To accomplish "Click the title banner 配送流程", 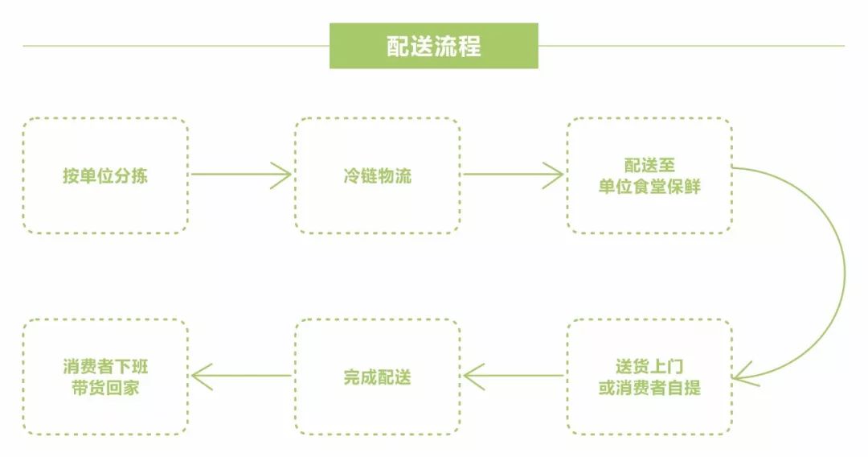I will (433, 46).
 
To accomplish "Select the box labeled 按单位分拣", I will (105, 175).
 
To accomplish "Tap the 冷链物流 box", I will (377, 175).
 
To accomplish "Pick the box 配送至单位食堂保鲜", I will (649, 175).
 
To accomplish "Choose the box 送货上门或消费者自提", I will (649, 377).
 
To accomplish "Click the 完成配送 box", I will (377, 377).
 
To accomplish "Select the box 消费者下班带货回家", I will (105, 377).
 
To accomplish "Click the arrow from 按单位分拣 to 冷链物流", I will (241, 175).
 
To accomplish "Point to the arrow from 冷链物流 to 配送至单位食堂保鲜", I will (513, 175).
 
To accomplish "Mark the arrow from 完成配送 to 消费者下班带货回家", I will (241, 375).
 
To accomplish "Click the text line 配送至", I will (649, 165).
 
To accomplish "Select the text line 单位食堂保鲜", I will (649, 186).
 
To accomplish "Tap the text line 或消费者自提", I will (649, 388).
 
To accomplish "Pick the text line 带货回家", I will (105, 388).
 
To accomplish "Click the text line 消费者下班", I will (105, 367).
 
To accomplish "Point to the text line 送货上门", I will (649, 367).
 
